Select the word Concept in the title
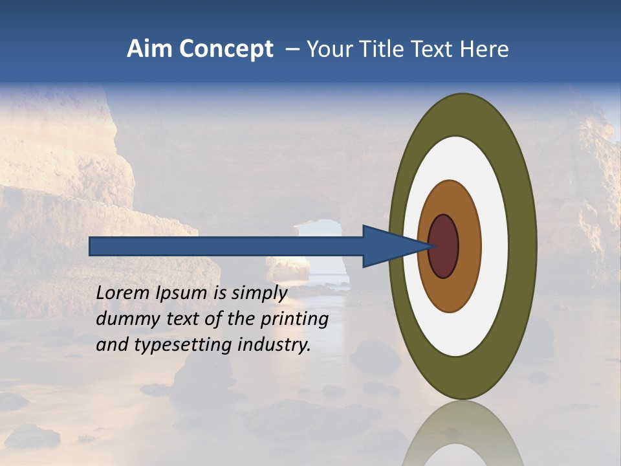(225, 50)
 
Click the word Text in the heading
(435, 49)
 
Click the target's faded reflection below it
(463, 434)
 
